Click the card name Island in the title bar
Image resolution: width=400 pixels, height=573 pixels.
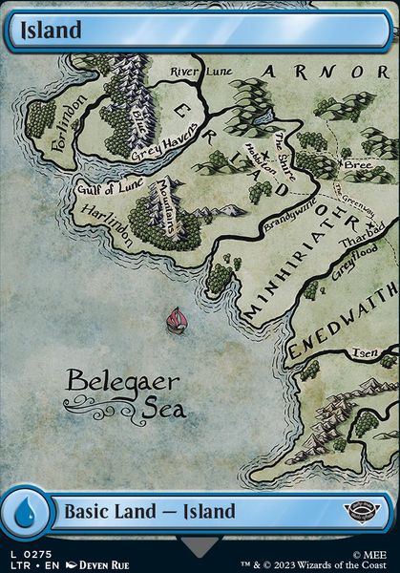pyautogui.click(x=49, y=30)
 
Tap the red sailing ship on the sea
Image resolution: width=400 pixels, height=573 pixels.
pyautogui.click(x=176, y=320)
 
